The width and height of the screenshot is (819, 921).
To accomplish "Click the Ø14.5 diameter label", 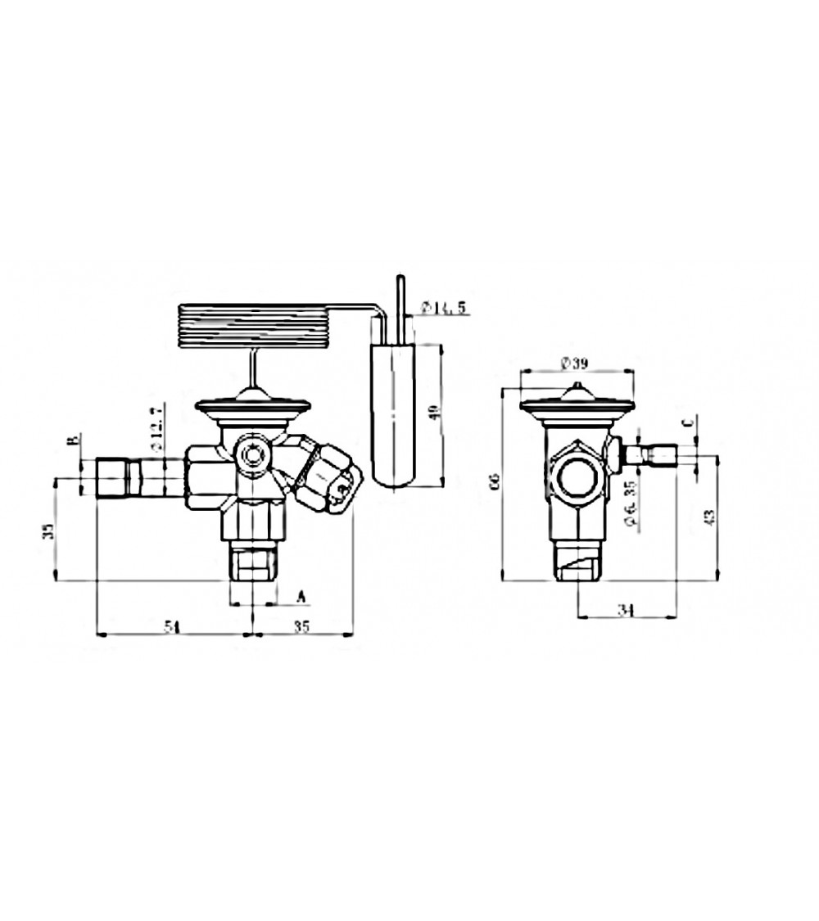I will pos(443,308).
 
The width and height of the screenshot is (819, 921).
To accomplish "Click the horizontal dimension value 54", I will pos(171,627).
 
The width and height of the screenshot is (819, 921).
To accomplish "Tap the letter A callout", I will pos(300,596).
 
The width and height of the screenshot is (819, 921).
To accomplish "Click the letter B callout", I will pos(73,441).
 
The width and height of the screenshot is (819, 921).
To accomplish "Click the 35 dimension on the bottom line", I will pos(301,627).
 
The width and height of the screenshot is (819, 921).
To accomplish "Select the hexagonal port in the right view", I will pos(577,476).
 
